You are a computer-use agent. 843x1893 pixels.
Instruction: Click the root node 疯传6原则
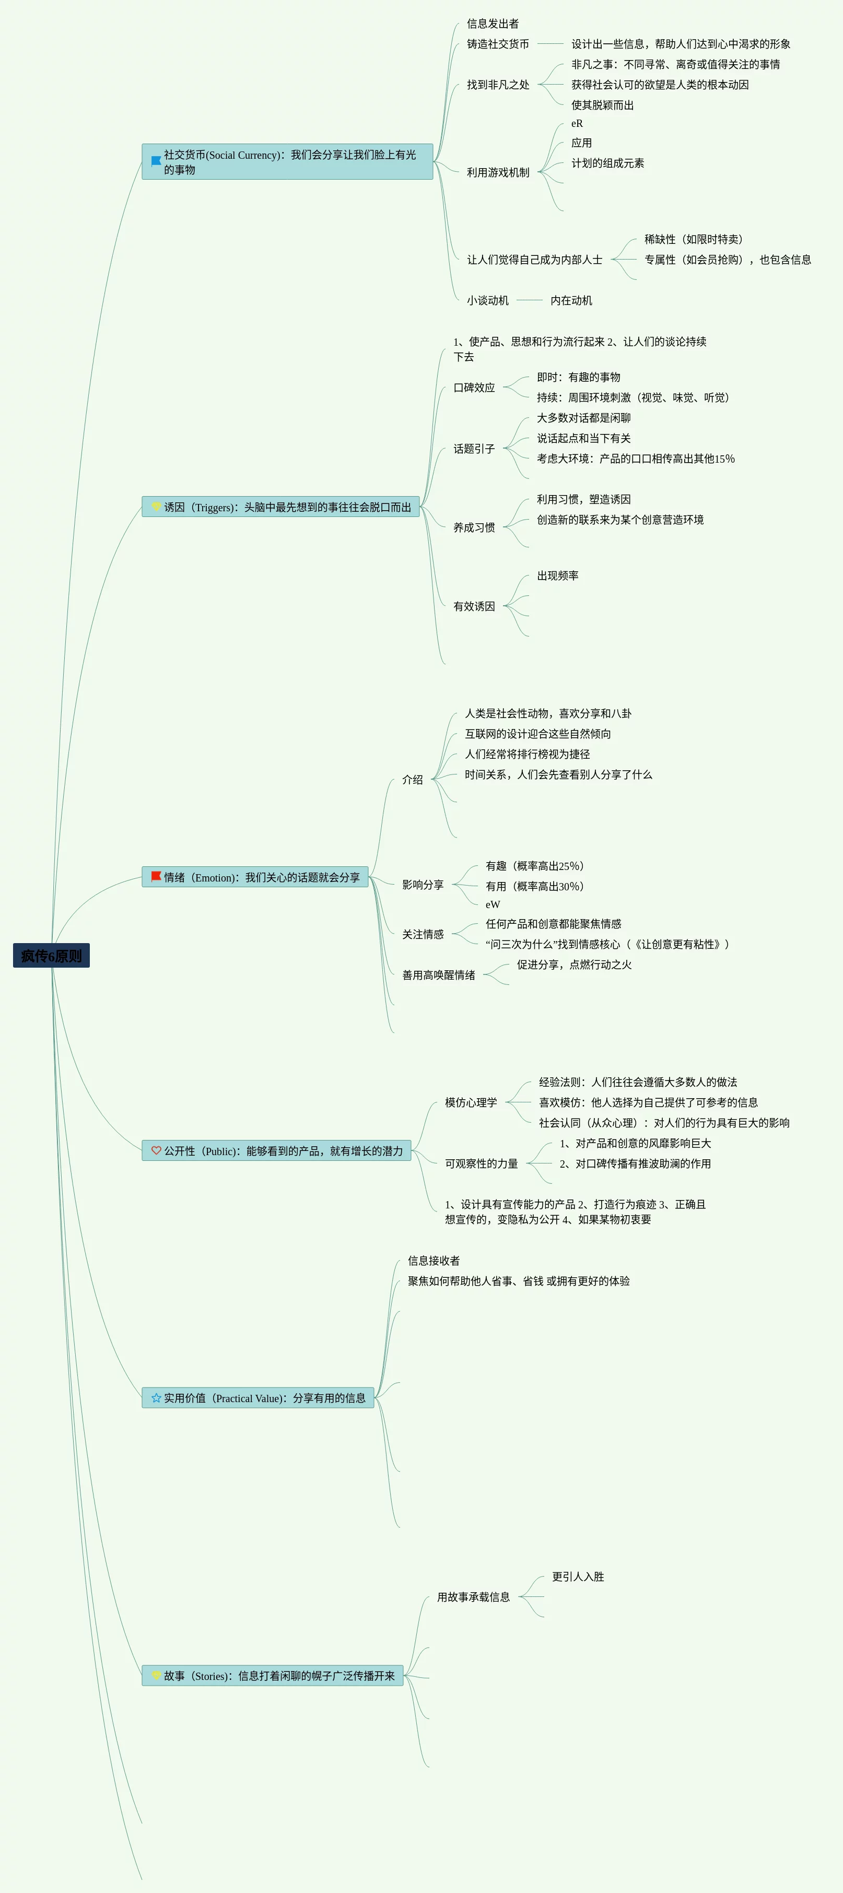pos(52,955)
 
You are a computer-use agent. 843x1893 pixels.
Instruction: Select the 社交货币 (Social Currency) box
pos(287,162)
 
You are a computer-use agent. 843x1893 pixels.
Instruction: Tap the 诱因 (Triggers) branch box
pos(281,507)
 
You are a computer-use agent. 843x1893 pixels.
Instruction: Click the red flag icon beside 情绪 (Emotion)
pos(156,877)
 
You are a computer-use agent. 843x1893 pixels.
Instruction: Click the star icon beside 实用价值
pos(156,1398)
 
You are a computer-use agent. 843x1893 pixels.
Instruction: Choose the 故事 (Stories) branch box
pos(273,1675)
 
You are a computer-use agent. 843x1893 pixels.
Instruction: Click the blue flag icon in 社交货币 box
pos(156,161)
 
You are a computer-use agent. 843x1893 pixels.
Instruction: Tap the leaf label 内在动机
pos(571,301)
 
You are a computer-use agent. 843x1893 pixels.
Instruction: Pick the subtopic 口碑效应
pos(474,387)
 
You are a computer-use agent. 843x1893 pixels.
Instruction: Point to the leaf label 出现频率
pos(557,575)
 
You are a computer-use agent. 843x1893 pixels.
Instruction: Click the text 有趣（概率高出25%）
pos(534,866)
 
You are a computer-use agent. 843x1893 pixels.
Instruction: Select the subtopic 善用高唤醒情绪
pos(438,975)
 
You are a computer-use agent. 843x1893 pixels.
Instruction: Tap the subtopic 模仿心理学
pos(471,1102)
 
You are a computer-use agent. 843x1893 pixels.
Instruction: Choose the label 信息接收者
pos(434,1260)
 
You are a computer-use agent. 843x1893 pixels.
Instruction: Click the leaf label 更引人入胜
pos(578,1576)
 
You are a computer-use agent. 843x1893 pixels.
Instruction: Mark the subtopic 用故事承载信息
pos(473,1597)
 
